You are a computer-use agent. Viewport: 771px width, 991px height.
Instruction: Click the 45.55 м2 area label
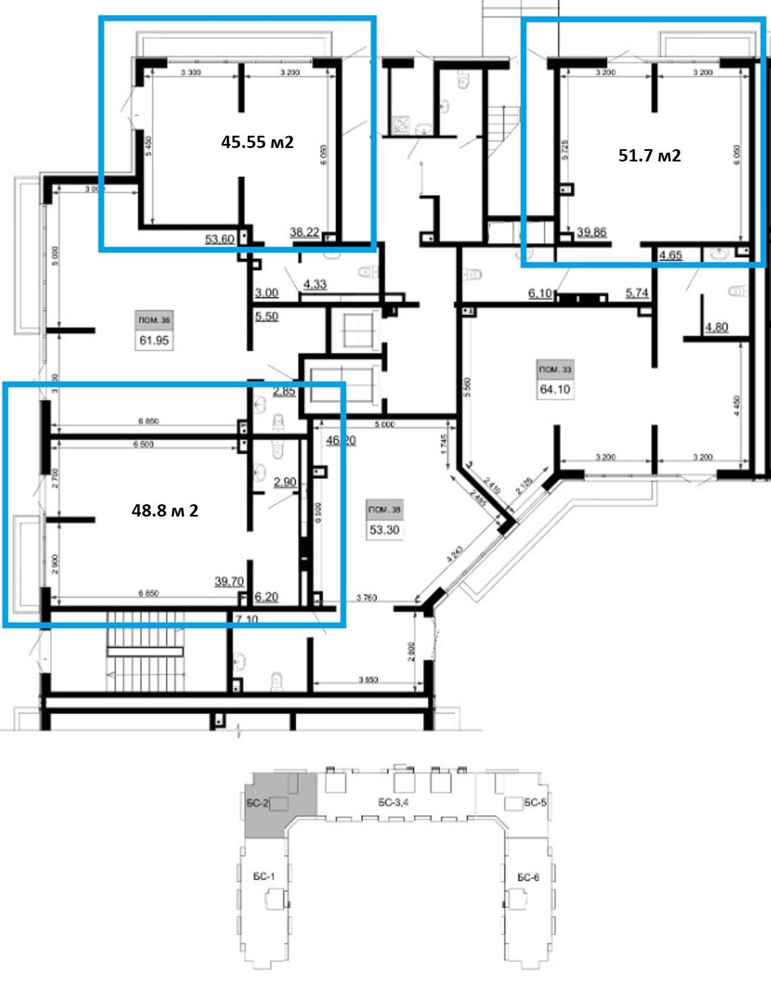click(x=257, y=142)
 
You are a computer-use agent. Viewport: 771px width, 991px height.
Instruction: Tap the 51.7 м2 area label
click(x=649, y=156)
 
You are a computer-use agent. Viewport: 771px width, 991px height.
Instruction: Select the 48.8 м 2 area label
click(x=165, y=511)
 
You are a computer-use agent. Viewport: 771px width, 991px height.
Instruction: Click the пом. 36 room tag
click(x=154, y=320)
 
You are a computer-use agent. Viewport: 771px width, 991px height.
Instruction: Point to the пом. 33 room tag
click(x=555, y=370)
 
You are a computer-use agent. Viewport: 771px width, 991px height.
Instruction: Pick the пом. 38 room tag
click(x=384, y=510)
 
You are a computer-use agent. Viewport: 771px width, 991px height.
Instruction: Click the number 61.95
click(x=154, y=340)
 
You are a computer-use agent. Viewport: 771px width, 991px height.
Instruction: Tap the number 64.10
click(x=555, y=389)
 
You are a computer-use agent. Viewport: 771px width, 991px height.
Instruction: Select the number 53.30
click(x=384, y=530)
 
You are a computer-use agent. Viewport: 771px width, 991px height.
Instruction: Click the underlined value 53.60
click(x=220, y=239)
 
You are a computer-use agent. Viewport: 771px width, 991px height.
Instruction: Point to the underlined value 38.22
click(x=304, y=232)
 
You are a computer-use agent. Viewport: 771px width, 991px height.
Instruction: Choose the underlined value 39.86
click(x=591, y=232)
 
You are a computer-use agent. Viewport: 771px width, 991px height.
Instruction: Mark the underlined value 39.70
click(x=229, y=581)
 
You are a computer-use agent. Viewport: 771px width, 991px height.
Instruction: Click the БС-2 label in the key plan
click(x=257, y=804)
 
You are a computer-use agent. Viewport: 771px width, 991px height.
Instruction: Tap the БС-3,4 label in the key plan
click(x=393, y=803)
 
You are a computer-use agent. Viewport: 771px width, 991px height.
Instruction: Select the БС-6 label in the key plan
click(x=528, y=877)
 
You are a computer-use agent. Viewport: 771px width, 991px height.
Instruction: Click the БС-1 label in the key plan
click(x=264, y=876)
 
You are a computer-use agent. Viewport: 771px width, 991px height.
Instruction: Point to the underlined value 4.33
click(x=315, y=285)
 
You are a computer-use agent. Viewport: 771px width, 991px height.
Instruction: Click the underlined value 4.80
click(x=716, y=327)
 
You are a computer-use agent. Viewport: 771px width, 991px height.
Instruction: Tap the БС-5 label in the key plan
click(x=535, y=803)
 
